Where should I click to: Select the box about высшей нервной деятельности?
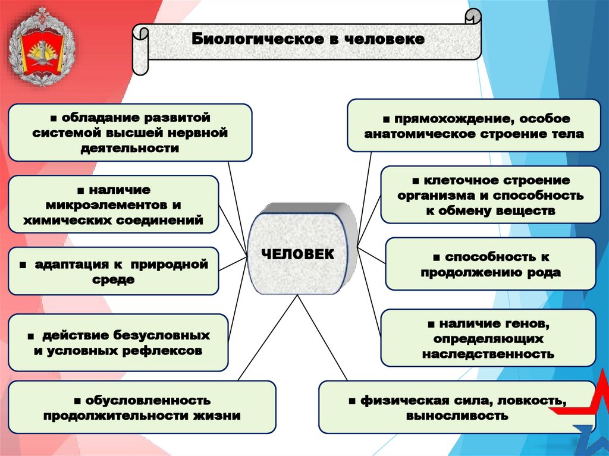click(130, 132)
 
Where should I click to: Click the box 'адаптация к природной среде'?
click(113, 271)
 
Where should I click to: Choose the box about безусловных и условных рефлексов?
click(118, 343)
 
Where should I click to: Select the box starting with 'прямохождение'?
click(474, 125)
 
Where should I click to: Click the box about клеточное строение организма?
click(491, 195)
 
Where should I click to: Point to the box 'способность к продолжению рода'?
click(491, 265)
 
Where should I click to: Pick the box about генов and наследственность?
click(488, 338)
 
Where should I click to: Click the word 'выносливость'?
click(457, 416)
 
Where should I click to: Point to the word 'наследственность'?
click(488, 354)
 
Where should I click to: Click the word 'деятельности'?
click(130, 148)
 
